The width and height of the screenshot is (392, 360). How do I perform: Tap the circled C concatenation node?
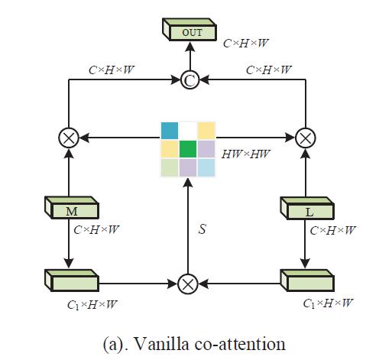pos(188,79)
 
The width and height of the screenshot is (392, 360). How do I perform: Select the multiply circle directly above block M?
pos(70,138)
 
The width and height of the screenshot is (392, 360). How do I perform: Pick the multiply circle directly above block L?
pos(305,138)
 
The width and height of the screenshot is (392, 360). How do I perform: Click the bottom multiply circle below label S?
pos(188,283)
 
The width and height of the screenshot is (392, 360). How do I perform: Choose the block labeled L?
pos(308,208)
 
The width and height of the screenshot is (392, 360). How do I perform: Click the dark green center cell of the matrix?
pos(188,148)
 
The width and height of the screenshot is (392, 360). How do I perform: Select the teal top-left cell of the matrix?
pos(169,129)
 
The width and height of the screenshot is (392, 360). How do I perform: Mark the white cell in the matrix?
pos(188,129)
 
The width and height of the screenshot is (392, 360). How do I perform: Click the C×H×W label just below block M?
pos(97,228)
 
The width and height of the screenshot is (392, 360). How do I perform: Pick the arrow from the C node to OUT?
pos(188,58)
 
